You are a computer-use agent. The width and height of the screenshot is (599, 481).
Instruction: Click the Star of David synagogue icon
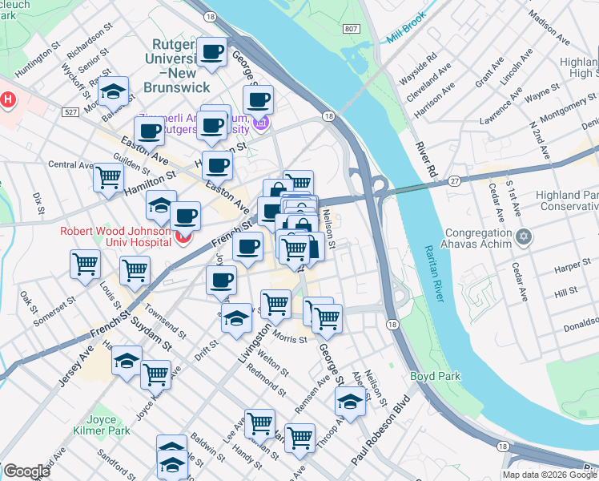[x=524, y=236]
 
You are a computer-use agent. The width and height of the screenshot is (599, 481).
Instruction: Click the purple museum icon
[x=260, y=123]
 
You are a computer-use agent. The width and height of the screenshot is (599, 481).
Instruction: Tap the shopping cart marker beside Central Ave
[x=108, y=176]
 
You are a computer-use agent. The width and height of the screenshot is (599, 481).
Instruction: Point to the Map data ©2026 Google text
[x=549, y=475]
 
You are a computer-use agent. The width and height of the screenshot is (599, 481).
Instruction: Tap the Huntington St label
[x=37, y=60]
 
